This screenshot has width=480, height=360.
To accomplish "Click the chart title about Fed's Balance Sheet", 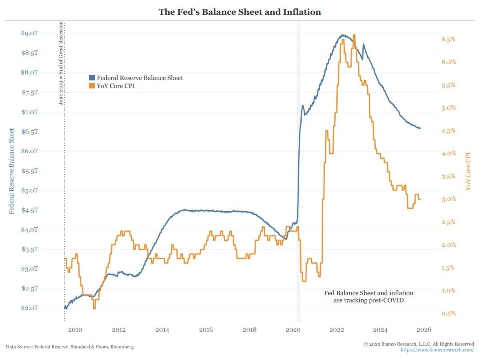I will [x=240, y=12].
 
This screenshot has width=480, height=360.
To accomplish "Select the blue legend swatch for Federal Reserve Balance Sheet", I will [x=92, y=78].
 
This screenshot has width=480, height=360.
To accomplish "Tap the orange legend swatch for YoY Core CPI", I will [x=92, y=86].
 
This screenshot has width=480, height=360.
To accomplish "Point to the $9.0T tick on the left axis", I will [x=29, y=33].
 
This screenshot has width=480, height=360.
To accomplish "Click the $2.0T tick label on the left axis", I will [x=29, y=308].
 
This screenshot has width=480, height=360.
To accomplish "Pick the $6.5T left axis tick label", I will [x=29, y=132].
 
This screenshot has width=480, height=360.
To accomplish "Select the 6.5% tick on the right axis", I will [x=448, y=39].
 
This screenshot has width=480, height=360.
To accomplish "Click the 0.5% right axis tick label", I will [x=448, y=313].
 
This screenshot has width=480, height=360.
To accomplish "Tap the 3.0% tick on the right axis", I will [x=448, y=199].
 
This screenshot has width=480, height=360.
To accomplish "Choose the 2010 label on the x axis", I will [x=75, y=330].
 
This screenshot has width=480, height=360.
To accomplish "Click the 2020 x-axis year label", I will [x=293, y=330].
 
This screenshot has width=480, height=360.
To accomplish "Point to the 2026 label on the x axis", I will [x=424, y=330].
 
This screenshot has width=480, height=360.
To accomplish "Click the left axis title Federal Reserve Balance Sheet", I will [x=12, y=171].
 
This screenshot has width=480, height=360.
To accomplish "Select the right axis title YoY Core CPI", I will [x=468, y=171].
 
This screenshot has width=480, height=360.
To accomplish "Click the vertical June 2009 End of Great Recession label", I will [x=61, y=63].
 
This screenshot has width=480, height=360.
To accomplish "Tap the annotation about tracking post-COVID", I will [x=368, y=296].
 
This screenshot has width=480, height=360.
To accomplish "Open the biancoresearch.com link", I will [x=437, y=350].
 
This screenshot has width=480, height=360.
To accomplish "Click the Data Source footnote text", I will [x=70, y=347].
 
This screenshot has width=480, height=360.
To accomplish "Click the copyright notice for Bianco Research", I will [x=418, y=344].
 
